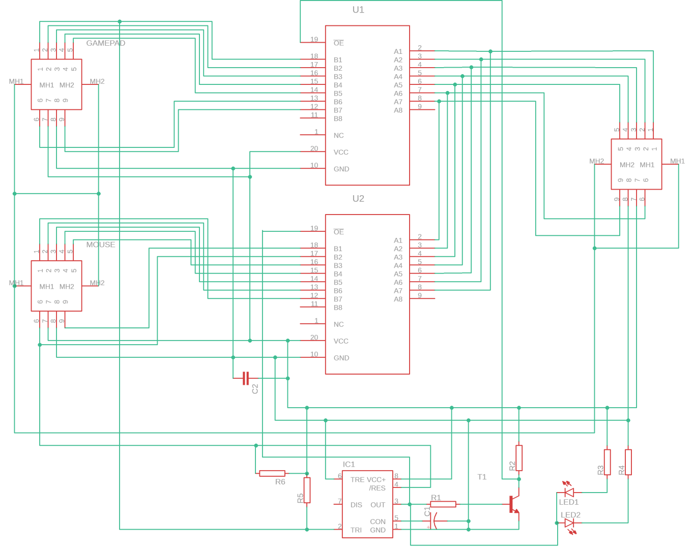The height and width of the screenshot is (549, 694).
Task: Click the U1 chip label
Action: pos(358,10)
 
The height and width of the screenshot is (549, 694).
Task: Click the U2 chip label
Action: pos(358,198)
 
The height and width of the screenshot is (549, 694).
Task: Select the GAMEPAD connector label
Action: pos(106,43)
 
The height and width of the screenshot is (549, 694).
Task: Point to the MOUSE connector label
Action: pos(101,245)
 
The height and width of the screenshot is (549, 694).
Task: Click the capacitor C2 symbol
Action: pos(246,378)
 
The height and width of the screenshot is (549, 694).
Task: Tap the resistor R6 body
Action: pos(272,473)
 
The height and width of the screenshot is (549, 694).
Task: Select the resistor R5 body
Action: pos(307,490)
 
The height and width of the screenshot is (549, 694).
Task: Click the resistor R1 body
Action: pos(443,504)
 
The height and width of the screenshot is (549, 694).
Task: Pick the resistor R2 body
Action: pos(519,458)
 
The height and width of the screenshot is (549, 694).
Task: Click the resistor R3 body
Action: pos(608,462)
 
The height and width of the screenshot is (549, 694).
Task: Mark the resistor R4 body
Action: pos(628,462)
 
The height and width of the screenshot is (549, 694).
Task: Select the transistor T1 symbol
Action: pos(514,504)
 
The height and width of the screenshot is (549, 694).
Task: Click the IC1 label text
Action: pos(349,464)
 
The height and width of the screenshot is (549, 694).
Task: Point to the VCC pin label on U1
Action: pos(341,152)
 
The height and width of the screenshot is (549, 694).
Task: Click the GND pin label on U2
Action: pos(341,358)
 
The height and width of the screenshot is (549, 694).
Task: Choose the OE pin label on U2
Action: pos(339,232)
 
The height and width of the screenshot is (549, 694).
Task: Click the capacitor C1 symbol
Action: pos(434,521)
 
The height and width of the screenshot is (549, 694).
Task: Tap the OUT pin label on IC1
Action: pos(378,505)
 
